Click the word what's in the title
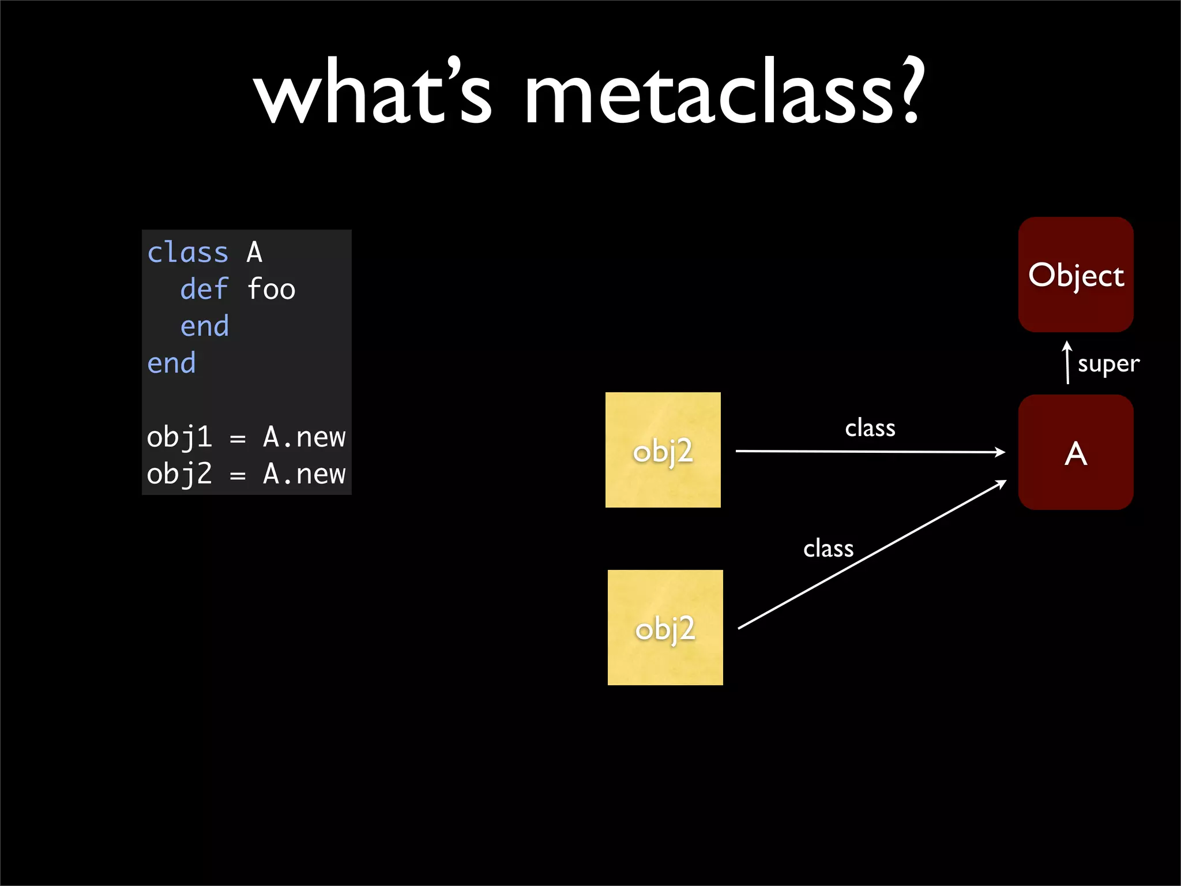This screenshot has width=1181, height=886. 373,92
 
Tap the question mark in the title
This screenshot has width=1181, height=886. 909,89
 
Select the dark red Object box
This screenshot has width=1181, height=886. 1075,275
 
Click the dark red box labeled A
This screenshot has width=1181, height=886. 1075,452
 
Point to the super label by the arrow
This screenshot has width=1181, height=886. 1108,364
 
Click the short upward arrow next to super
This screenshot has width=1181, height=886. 1067,362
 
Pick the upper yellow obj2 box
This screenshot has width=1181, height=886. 663,450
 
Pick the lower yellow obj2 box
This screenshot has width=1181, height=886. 665,628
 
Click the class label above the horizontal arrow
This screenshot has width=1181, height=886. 870,428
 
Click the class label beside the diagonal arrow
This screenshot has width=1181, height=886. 828,548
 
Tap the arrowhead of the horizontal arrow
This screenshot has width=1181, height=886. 1001,452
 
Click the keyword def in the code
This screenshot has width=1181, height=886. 204,289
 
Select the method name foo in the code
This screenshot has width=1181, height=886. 271,289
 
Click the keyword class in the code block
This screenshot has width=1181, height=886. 188,253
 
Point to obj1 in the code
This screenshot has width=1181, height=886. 179,437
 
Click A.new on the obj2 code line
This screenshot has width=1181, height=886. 304,474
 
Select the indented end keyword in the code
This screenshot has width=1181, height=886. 204,326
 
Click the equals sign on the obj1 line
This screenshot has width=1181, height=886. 238,439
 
